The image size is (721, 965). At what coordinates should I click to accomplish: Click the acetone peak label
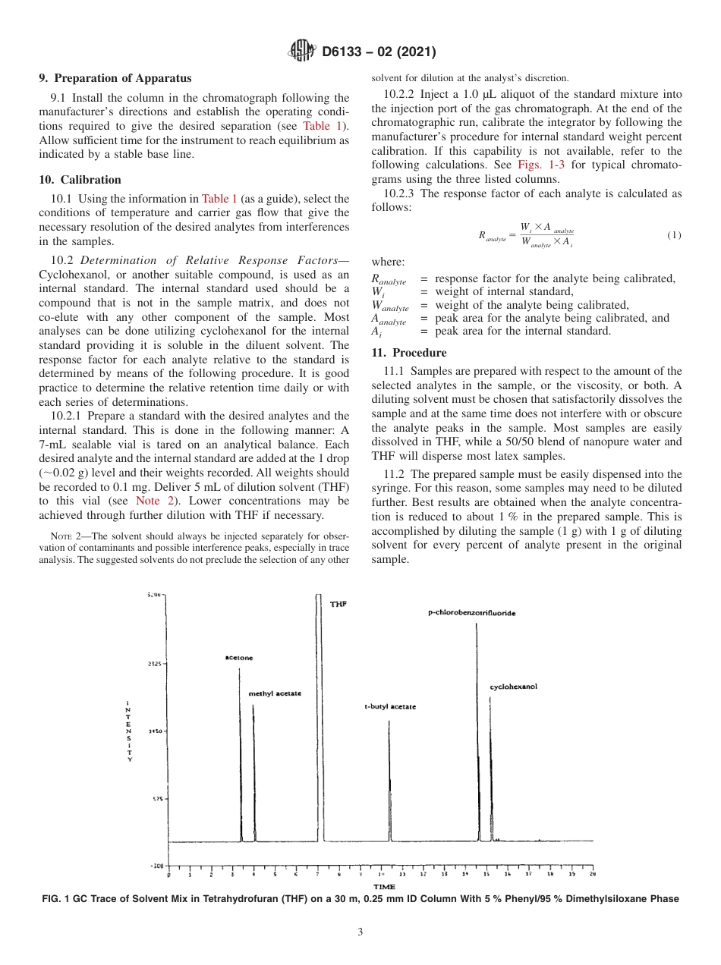[239, 658]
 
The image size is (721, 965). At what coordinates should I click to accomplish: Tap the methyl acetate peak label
[275, 693]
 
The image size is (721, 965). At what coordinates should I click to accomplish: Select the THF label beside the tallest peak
[338, 604]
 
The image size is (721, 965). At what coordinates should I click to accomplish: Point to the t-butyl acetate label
[390, 706]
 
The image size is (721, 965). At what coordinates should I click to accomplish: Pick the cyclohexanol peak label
[514, 687]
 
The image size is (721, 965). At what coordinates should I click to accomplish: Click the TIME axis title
[384, 887]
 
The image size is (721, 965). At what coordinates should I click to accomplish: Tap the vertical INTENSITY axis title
[130, 731]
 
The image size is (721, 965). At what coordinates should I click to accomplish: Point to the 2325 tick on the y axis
[155, 663]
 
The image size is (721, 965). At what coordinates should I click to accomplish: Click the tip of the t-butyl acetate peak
[389, 721]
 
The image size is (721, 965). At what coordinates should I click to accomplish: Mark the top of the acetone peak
[241, 667]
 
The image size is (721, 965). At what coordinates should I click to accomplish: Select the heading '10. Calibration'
[80, 180]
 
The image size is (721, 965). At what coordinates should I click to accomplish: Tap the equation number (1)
[674, 235]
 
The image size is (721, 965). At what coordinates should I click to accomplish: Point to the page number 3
[360, 932]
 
